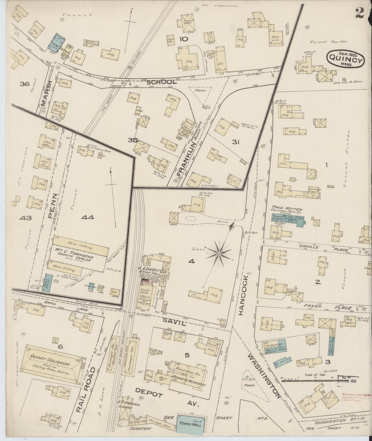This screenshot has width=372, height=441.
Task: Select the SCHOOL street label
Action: tap(162, 82)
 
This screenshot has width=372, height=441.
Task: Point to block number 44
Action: tap(88, 218)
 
